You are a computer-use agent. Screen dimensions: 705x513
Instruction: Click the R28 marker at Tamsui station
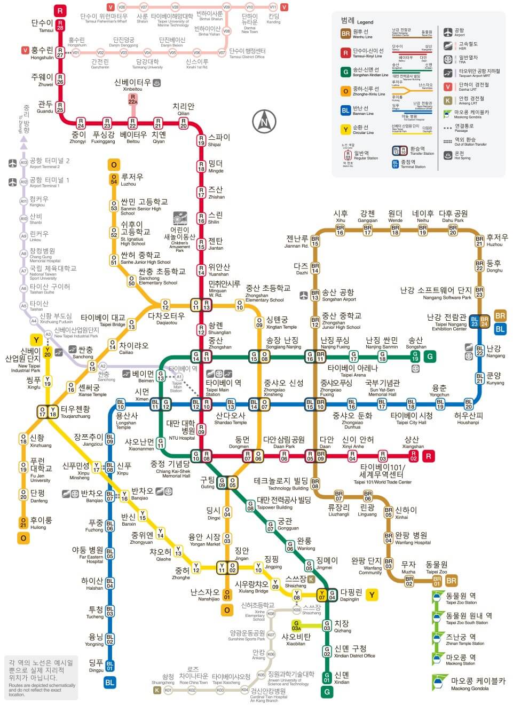(60, 25)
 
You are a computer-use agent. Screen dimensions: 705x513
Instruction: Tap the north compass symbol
(263, 121)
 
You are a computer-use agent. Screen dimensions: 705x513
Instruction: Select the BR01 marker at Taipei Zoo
(437, 581)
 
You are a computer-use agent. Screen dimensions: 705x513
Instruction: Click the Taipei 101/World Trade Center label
(382, 474)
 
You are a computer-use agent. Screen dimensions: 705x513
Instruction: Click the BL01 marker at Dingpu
(109, 666)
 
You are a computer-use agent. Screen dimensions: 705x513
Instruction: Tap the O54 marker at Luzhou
(114, 179)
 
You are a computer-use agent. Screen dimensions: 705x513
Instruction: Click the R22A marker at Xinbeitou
(133, 99)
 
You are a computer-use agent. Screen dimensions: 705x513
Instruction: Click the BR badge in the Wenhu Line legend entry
(345, 34)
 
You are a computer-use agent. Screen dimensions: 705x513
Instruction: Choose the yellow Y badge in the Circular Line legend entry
(345, 129)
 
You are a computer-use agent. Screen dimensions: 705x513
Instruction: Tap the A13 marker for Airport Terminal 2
(23, 162)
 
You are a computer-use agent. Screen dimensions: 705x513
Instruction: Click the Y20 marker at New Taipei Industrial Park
(48, 352)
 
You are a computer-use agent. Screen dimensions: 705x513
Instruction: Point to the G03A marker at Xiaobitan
(296, 625)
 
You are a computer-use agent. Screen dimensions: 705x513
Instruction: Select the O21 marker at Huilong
(23, 522)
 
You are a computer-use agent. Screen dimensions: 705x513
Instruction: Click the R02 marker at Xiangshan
(413, 456)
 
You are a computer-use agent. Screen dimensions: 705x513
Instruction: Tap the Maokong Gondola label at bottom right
(478, 684)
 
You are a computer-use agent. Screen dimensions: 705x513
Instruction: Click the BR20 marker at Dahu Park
(453, 229)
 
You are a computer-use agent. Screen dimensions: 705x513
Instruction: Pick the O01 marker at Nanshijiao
(227, 594)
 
